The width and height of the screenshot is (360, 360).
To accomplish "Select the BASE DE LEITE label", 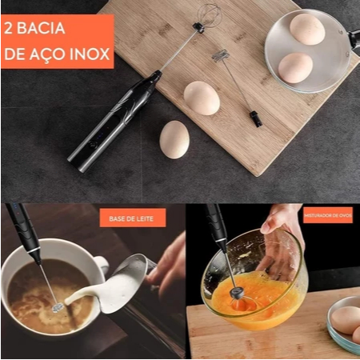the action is [x=131, y=218].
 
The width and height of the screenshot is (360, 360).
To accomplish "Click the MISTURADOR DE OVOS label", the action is [x=328, y=215].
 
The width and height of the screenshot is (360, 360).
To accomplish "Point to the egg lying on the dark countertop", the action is [x=174, y=140].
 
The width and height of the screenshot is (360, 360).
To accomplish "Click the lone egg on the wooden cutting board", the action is [x=202, y=98].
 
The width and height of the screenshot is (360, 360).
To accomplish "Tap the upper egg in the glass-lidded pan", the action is [x=307, y=30].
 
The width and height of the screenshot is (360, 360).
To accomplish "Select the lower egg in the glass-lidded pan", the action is [x=295, y=68].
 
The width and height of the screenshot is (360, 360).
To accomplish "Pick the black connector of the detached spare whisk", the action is [x=254, y=119].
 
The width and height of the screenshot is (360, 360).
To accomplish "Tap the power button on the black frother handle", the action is [x=93, y=146].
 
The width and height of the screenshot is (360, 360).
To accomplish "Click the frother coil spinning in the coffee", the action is [x=58, y=307].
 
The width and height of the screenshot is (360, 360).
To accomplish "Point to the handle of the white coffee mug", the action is [x=102, y=266].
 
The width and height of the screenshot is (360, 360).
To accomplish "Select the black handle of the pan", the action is [x=354, y=39].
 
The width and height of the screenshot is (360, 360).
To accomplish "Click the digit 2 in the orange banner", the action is [x=8, y=28].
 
